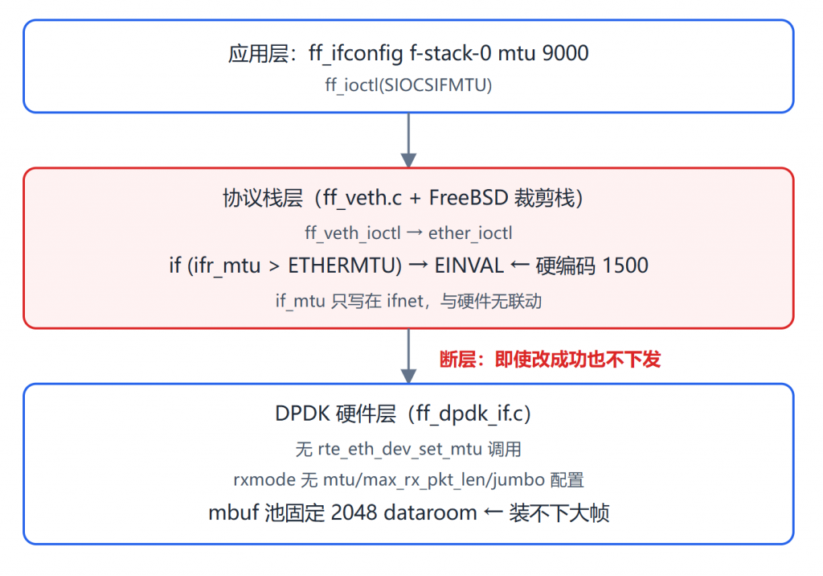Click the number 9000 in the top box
[565, 53]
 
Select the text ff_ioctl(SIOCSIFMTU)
[408, 85]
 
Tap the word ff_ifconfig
[356, 54]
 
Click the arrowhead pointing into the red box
[408, 160]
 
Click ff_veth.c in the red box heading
[362, 199]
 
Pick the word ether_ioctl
[470, 232]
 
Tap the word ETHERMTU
[345, 265]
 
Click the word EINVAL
[469, 265]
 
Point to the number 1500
[625, 265]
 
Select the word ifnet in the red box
[405, 301]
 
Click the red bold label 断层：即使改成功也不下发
[550, 360]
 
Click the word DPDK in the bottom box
[303, 413]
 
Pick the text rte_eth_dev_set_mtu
[400, 450]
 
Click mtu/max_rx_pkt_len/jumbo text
[434, 479]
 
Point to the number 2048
[354, 512]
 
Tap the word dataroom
[430, 512]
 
